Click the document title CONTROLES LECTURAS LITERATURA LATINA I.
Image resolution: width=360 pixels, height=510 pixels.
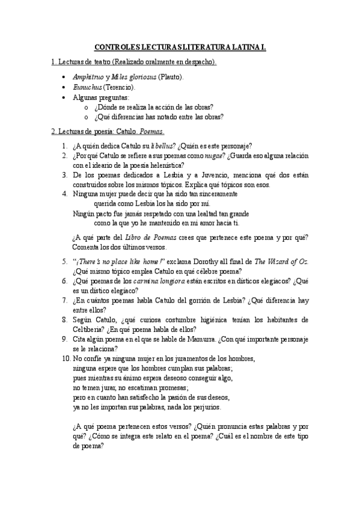click(x=180, y=46)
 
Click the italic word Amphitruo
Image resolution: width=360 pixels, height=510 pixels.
click(x=88, y=77)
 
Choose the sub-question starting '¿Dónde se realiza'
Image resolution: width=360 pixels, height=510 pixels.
click(x=154, y=107)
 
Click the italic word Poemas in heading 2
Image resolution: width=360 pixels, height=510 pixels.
click(x=151, y=131)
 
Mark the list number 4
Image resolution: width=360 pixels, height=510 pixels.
click(x=64, y=194)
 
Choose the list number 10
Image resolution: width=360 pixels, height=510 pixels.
click(x=66, y=358)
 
